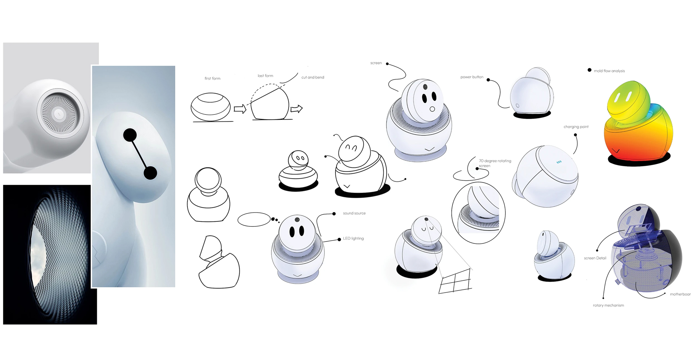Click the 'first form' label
pos(212,78)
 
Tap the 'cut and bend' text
pos(313,77)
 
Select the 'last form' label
pos(265,76)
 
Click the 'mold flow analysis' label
pos(609,71)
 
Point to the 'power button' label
pos(472,77)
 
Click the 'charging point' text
pos(576,127)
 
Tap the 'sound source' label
pos(354,213)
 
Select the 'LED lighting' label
pos(353,239)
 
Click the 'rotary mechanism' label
pos(608,305)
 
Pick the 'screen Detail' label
pos(595,258)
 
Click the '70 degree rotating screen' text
pos(495,163)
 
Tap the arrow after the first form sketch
pos(240,109)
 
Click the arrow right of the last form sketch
pos(297,108)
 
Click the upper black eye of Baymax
pos(130,135)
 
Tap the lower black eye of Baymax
pos(150,173)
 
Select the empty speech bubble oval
pos(254,220)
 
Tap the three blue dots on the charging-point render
pos(559,162)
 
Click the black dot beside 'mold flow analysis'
pos(590,70)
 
